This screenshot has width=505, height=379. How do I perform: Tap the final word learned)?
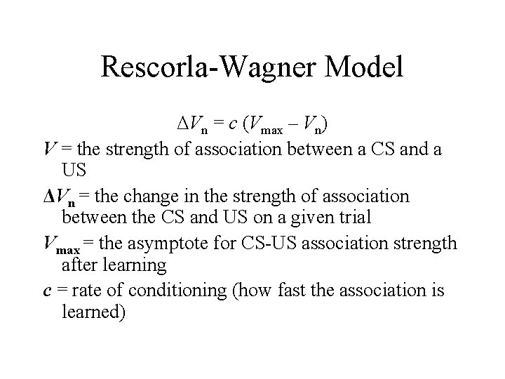(93, 312)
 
